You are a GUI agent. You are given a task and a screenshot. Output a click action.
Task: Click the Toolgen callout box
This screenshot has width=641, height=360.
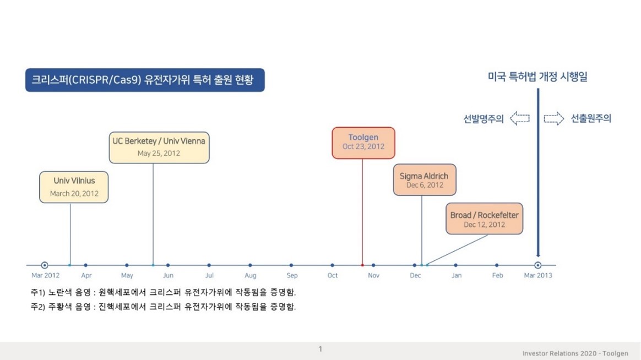click(x=363, y=143)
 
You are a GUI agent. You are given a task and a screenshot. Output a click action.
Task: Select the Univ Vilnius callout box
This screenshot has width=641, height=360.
click(x=74, y=187)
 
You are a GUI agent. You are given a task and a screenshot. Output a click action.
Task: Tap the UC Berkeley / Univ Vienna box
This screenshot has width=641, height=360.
click(x=159, y=147)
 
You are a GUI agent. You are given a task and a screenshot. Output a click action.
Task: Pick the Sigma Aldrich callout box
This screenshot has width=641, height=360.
click(x=425, y=180)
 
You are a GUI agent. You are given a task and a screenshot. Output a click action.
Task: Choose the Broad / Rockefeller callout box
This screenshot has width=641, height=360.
click(x=484, y=219)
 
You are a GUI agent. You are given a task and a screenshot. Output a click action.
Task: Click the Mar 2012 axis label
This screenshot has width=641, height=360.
click(x=45, y=275)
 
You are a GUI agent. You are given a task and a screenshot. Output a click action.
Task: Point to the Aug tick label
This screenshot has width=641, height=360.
click(x=251, y=275)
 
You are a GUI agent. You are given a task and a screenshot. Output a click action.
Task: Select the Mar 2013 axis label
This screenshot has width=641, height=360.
click(x=537, y=275)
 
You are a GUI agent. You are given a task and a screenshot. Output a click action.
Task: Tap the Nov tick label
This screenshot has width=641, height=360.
click(x=373, y=275)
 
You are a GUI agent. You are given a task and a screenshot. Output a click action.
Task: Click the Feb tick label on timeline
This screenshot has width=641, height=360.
click(x=497, y=275)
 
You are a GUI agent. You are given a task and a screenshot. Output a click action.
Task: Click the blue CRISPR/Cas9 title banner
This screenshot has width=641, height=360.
click(x=145, y=80)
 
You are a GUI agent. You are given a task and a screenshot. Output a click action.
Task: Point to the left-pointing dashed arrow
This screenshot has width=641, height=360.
click(x=519, y=118)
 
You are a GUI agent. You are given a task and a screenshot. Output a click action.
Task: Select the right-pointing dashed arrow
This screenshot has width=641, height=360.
click(x=553, y=118)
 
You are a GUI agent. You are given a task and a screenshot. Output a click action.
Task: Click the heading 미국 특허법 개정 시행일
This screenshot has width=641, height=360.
click(x=537, y=77)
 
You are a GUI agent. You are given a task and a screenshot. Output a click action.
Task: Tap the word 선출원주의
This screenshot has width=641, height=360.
click(x=591, y=118)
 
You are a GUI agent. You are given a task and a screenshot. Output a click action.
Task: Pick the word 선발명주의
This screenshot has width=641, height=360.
click(x=483, y=118)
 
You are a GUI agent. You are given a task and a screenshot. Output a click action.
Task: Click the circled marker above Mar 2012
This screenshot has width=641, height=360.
click(x=45, y=265)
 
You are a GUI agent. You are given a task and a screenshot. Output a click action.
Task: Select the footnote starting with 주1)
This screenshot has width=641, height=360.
click(x=163, y=292)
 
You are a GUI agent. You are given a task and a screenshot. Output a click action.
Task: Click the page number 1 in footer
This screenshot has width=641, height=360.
click(x=320, y=349)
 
